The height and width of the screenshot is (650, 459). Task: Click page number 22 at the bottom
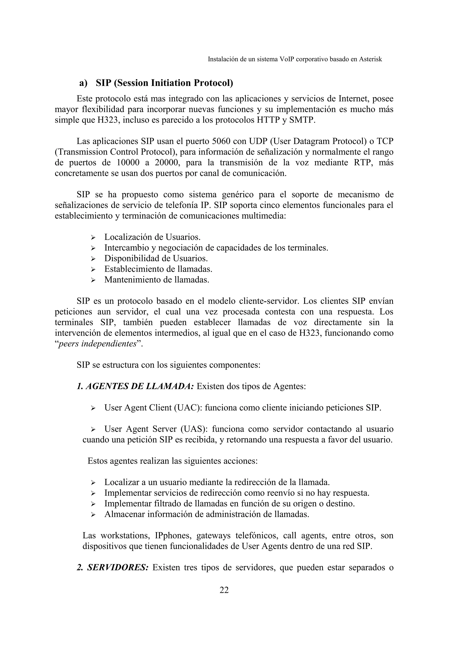click(224, 590)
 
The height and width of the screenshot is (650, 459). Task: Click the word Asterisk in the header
click(370, 59)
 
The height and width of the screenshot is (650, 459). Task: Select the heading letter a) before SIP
click(83, 83)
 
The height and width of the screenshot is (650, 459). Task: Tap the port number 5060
click(224, 141)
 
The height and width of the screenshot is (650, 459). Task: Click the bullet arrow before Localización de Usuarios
click(93, 237)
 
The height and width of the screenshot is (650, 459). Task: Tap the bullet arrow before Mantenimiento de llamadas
click(93, 280)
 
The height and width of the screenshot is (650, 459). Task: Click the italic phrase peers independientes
click(97, 344)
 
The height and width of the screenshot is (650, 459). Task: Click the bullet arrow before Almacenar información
click(93, 514)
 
